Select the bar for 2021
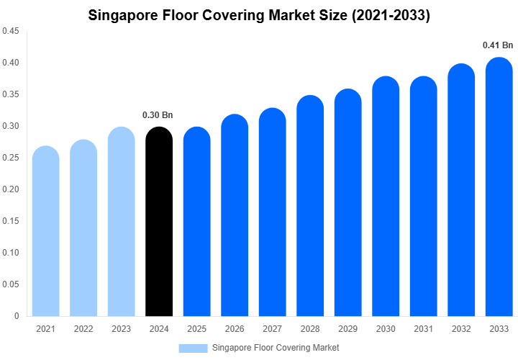(45, 231)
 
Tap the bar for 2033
(499, 187)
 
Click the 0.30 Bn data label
(158, 115)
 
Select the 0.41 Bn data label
(498, 45)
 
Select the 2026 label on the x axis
(234, 329)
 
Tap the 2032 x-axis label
(460, 329)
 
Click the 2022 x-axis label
(83, 329)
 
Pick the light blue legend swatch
(193, 348)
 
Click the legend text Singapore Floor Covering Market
(276, 348)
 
